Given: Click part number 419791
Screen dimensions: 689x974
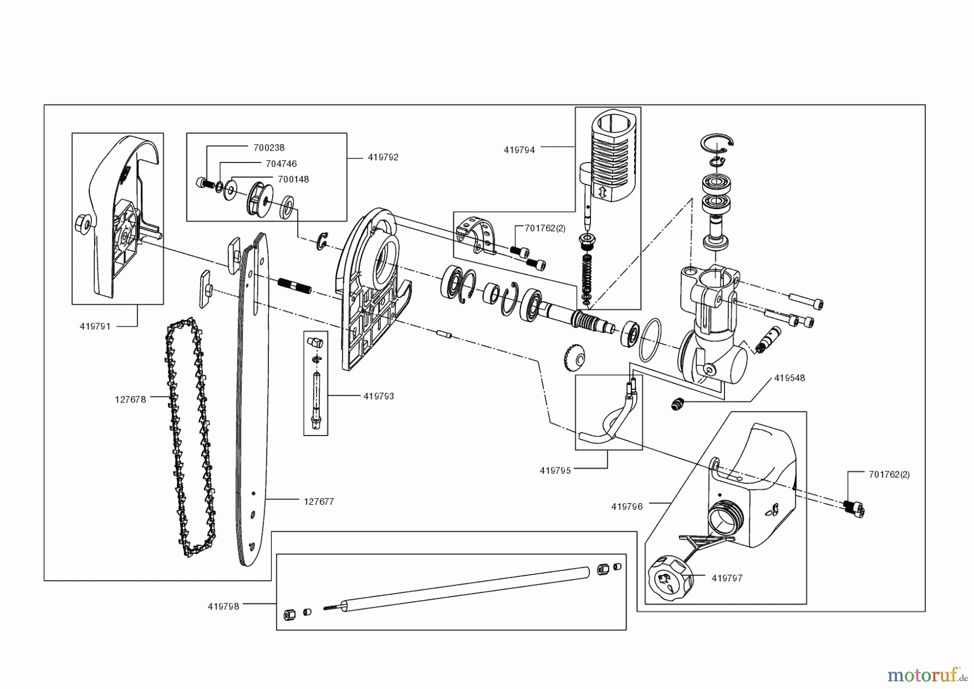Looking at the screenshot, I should [95, 326].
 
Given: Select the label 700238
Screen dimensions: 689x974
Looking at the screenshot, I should [269, 147].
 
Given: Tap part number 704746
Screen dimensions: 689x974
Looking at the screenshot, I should [281, 164].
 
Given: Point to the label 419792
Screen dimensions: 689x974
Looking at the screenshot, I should [383, 157].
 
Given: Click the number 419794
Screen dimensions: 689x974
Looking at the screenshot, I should [519, 150].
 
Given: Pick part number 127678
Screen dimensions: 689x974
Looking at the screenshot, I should [130, 400].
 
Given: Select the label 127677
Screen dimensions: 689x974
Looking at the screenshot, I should [319, 502].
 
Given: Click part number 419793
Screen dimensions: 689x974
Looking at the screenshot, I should [379, 396].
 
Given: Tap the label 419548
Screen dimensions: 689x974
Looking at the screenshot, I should [789, 378].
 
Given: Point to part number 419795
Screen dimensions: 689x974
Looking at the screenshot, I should [555, 471].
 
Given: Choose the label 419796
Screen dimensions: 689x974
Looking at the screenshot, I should [627, 506].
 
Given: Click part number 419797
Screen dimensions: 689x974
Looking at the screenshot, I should [727, 578].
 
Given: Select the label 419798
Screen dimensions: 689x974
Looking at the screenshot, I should [223, 607].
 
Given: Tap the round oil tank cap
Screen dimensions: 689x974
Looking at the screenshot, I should [667, 578].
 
